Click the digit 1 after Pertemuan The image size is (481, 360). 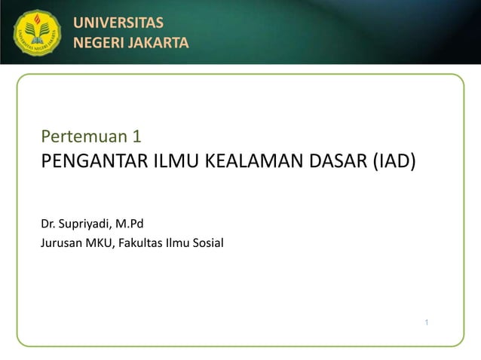136,137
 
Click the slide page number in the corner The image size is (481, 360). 427,323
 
